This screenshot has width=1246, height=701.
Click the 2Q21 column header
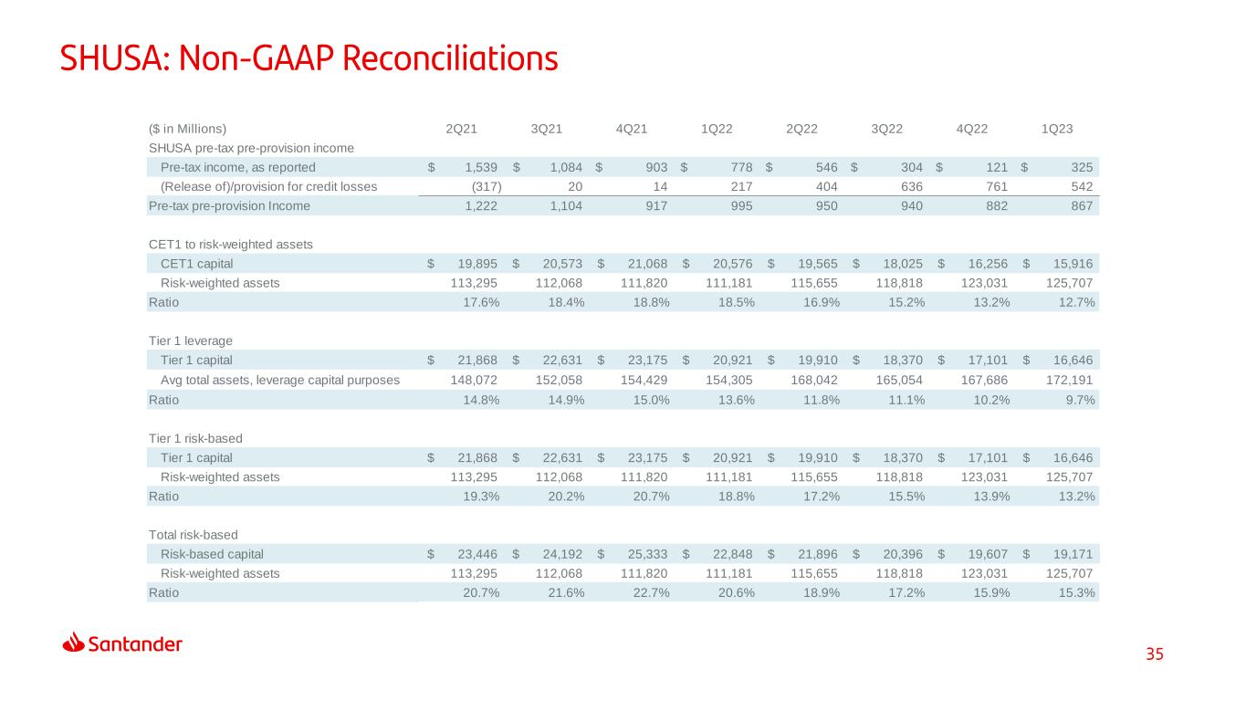coord(461,129)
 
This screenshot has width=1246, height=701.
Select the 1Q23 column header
coord(1057,129)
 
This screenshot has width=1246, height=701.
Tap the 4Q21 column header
coord(632,129)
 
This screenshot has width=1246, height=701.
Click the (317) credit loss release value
coord(487,187)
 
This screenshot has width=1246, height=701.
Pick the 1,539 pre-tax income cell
coord(481,167)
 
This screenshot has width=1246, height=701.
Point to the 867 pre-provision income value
coord(1082,206)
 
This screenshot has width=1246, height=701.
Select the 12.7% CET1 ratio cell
coord(1076,302)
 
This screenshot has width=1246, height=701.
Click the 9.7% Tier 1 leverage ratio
coord(1080,400)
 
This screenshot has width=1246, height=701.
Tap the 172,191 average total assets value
coord(1069,380)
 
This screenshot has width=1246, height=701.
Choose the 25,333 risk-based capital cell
coord(647,554)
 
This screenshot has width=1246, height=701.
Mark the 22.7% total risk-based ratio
coord(651,593)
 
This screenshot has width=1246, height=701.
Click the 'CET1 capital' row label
coord(196,264)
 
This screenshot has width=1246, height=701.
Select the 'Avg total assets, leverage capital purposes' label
coord(280,380)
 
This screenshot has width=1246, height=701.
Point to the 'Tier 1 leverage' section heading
coord(190,340)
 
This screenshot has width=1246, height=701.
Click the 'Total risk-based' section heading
coord(193,535)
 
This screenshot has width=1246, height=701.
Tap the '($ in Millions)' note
coord(187,129)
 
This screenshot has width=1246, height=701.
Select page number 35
coord(1154,654)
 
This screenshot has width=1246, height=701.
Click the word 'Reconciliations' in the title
coord(450,58)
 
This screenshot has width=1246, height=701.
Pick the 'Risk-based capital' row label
coord(212,554)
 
